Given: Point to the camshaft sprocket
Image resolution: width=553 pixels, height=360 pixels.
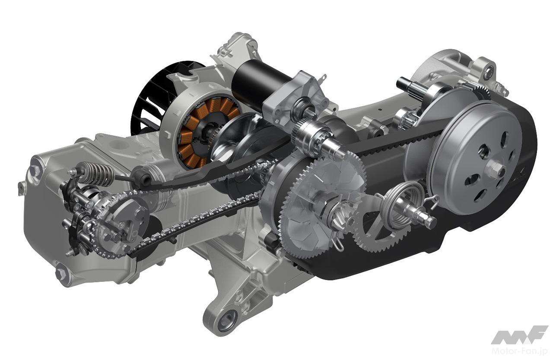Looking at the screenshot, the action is click(x=118, y=222).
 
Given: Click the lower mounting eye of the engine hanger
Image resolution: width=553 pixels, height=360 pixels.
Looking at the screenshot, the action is click(x=225, y=321).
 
